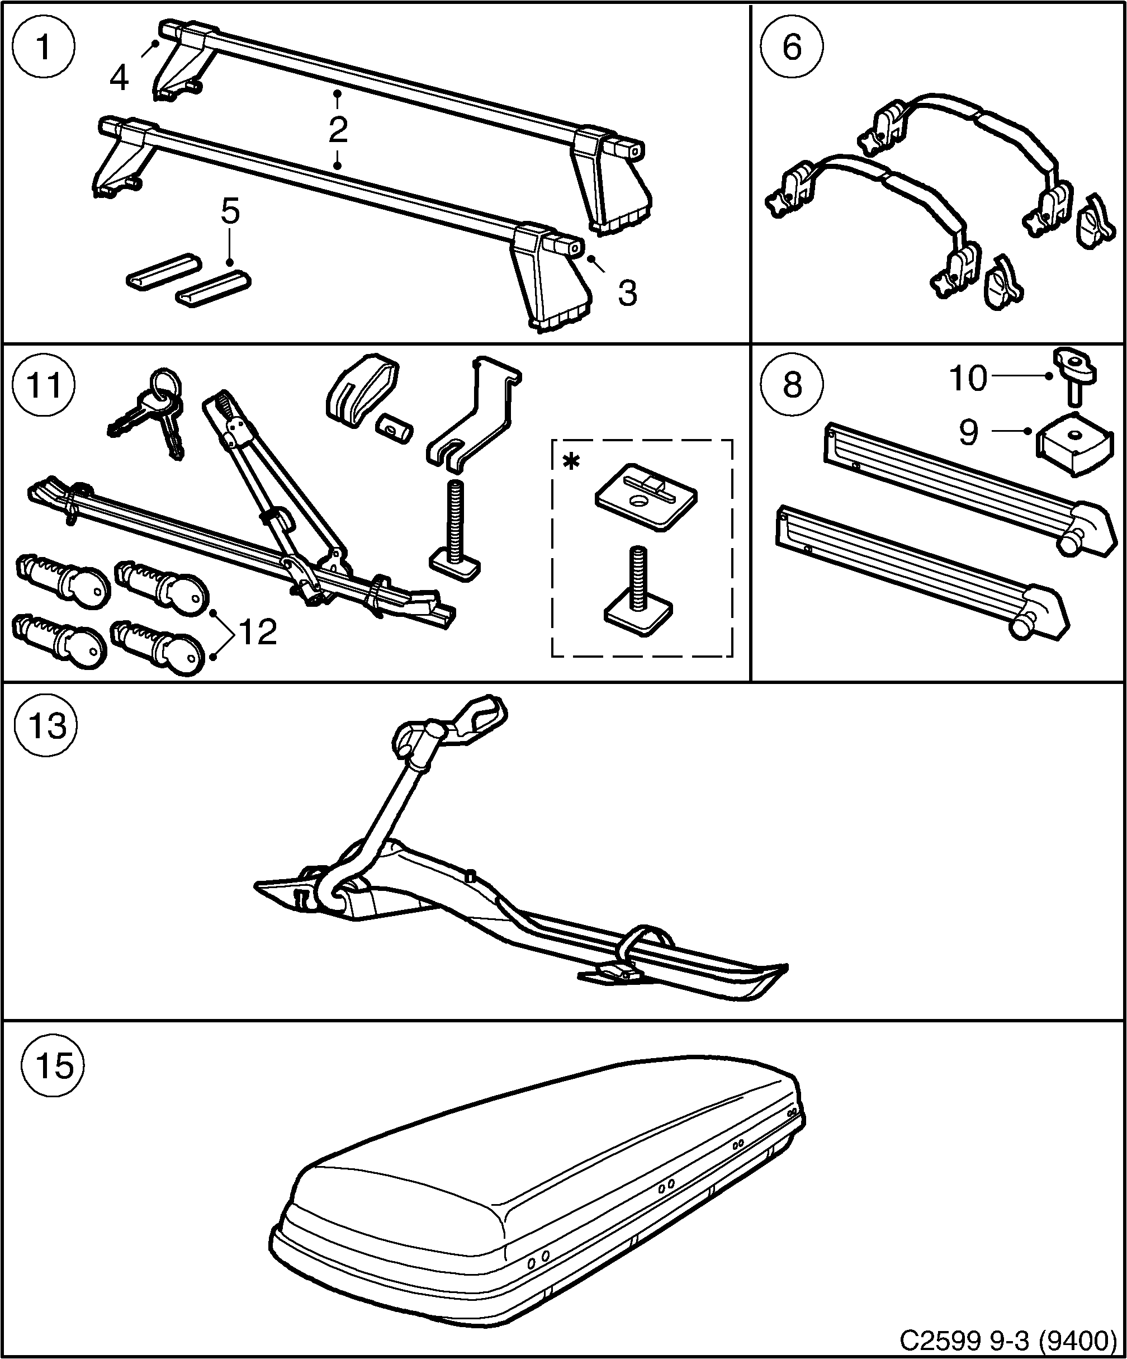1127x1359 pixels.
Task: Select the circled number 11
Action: pyautogui.click(x=44, y=386)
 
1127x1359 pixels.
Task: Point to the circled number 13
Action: pyautogui.click(x=47, y=725)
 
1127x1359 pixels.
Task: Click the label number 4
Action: pyautogui.click(x=119, y=79)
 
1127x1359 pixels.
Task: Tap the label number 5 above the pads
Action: pyautogui.click(x=230, y=211)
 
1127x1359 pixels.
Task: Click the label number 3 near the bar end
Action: pyautogui.click(x=627, y=293)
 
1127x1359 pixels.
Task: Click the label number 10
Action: pyautogui.click(x=968, y=378)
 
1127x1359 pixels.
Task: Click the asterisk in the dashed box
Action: pyautogui.click(x=571, y=462)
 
